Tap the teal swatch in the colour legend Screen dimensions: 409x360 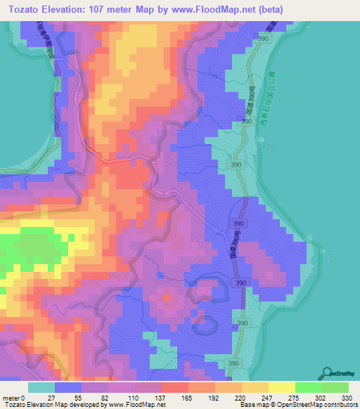41,387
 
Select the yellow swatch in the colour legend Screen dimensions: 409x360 281,387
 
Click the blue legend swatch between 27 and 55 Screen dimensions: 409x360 67,387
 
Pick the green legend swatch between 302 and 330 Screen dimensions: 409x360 335,387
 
